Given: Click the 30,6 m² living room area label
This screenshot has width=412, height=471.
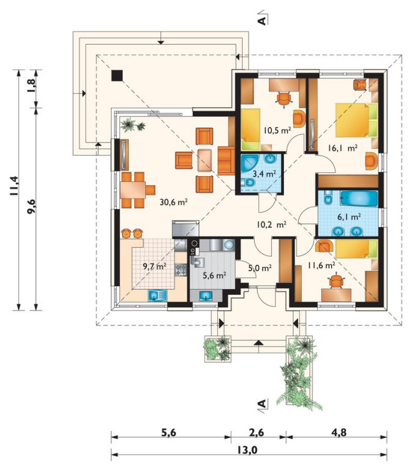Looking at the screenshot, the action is tap(174, 202).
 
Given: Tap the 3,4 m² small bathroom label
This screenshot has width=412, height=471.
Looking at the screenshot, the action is tap(264, 174).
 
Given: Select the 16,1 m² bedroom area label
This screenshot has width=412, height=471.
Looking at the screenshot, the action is tap(342, 148).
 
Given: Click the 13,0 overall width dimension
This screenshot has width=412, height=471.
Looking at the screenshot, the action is tap(247, 450).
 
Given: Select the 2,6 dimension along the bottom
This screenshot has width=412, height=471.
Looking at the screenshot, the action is tap(256, 432).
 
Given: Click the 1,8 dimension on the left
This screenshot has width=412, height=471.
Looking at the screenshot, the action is tap(32, 86).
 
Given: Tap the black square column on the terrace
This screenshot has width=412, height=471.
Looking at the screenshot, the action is tap(117, 76).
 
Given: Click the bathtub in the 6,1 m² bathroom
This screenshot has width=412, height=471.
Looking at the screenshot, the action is tap(359, 198).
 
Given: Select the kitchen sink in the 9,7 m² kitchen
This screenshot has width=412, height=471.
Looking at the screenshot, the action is tap(157, 296).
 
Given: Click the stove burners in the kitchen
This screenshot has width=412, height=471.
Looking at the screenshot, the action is tap(180, 269).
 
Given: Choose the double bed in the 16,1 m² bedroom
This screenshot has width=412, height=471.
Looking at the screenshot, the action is tap(357, 120).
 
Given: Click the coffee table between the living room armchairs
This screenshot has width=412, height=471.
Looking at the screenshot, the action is tap(205, 160).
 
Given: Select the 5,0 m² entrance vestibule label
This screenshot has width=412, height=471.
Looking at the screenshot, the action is tap(260, 268).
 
